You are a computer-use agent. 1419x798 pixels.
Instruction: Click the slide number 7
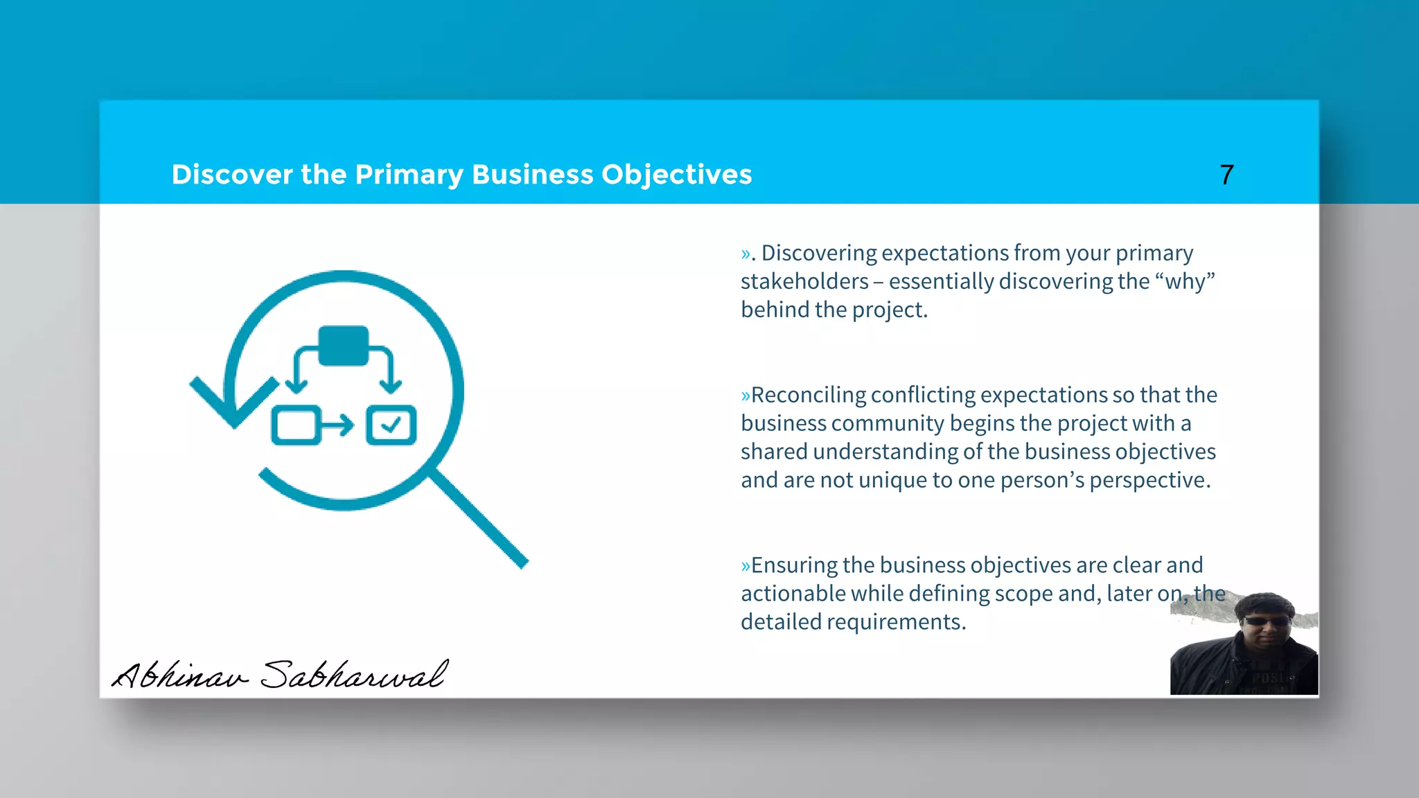1226,175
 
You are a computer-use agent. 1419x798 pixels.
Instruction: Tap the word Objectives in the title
676,175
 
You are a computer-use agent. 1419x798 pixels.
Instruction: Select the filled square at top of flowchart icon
343,345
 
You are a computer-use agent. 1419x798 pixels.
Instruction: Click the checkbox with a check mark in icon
391,425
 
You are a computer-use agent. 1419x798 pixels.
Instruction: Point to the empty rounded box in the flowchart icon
296,425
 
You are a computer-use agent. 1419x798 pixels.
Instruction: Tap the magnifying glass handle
481,520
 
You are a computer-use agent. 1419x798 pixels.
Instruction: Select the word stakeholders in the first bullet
804,281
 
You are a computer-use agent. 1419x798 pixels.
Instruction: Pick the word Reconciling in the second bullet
808,395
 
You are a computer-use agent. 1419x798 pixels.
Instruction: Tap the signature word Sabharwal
354,674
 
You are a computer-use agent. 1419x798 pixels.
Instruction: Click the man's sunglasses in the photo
1267,621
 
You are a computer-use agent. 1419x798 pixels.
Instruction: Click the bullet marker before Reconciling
746,396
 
